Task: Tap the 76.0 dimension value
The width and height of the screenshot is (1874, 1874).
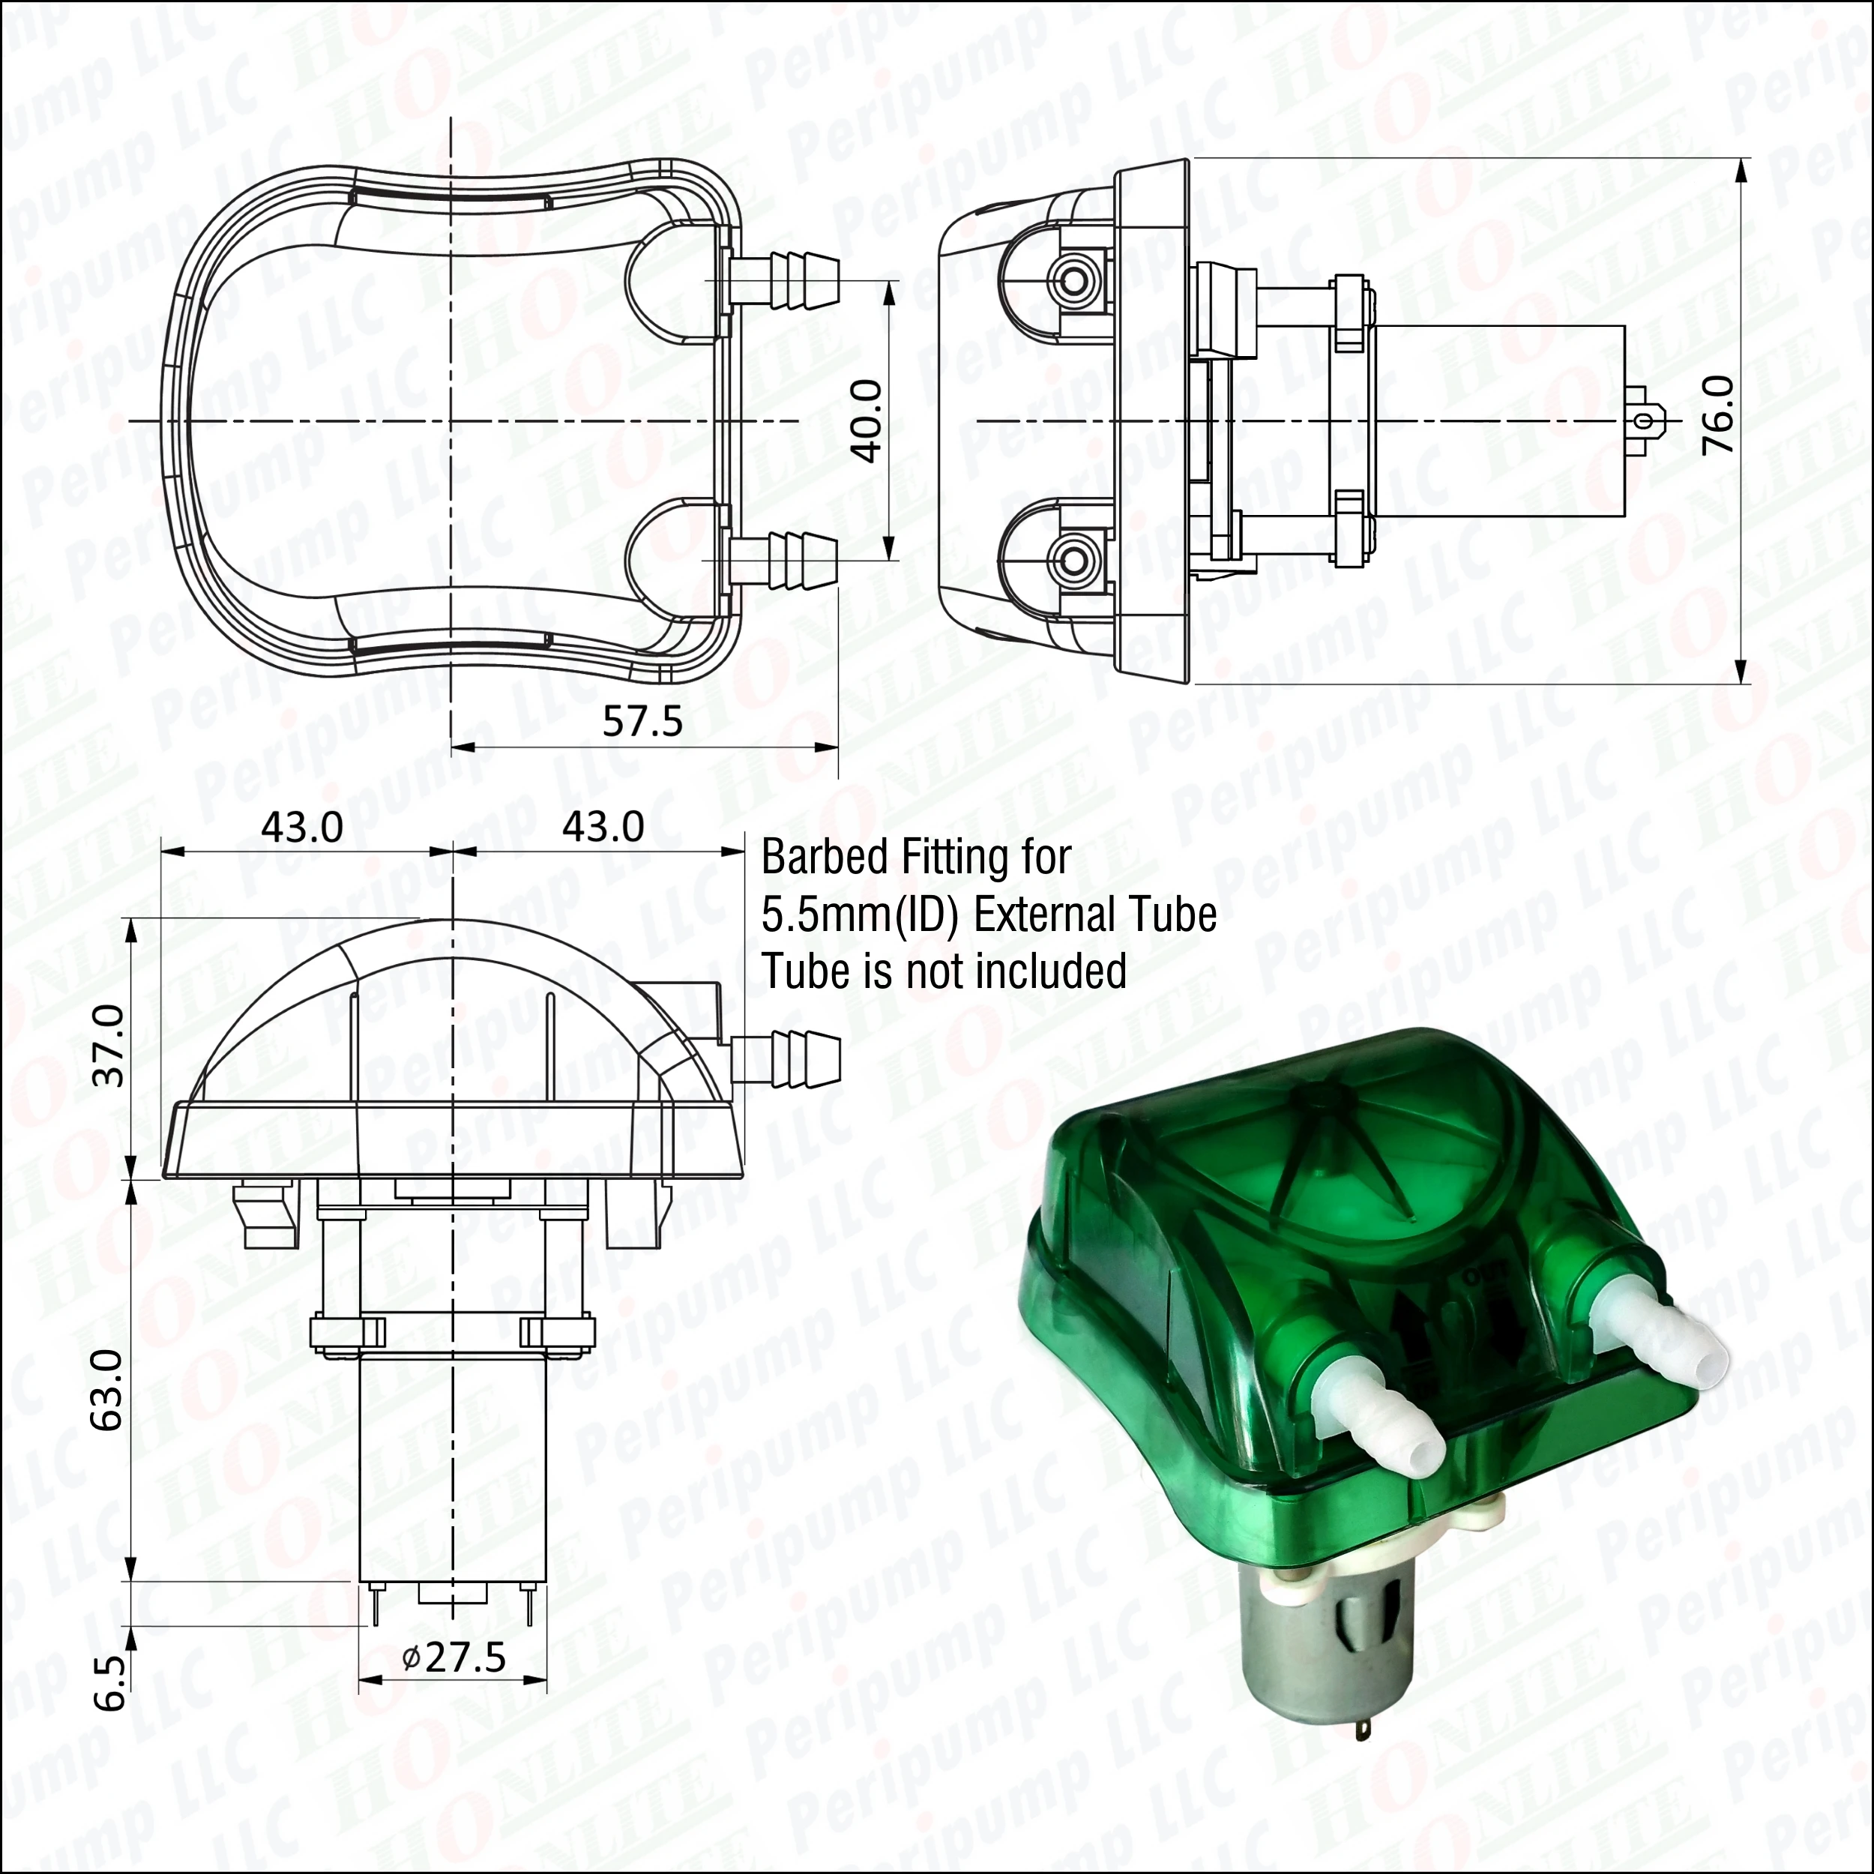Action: [1719, 415]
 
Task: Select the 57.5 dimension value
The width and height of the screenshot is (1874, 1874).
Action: [642, 720]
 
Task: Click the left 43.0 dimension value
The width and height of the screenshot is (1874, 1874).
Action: [301, 826]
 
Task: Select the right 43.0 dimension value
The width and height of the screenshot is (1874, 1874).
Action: [603, 826]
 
